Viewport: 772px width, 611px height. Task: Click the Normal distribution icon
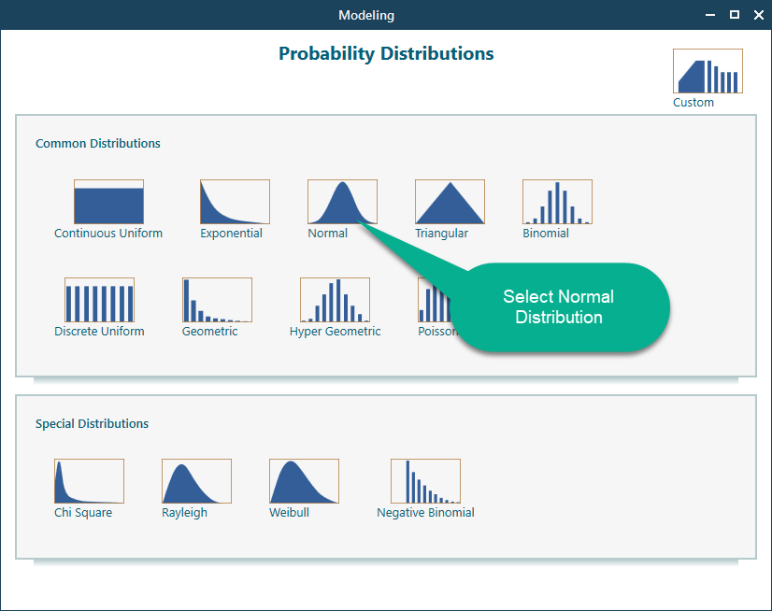tap(342, 202)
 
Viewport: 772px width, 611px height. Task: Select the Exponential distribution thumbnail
tap(235, 202)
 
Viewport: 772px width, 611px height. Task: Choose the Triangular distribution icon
tap(450, 202)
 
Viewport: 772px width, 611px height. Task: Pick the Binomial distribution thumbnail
tap(557, 202)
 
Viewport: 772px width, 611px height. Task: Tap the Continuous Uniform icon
tap(108, 202)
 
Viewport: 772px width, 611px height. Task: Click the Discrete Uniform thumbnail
tap(99, 300)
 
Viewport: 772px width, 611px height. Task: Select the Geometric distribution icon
tap(217, 300)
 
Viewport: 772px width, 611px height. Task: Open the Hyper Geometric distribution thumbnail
tap(335, 300)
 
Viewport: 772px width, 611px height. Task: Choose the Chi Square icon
tap(89, 481)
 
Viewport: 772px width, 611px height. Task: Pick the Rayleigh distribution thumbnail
tap(196, 481)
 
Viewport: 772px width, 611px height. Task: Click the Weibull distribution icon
tap(304, 481)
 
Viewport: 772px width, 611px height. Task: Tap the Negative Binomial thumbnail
tap(425, 481)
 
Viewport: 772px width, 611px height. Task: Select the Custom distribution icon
tap(708, 71)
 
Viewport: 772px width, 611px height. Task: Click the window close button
tap(756, 15)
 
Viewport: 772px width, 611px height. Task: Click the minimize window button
tap(711, 15)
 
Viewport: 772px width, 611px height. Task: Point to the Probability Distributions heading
tap(386, 53)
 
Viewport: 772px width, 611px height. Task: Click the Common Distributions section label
tap(98, 144)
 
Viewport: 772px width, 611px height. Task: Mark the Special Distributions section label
tap(92, 424)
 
